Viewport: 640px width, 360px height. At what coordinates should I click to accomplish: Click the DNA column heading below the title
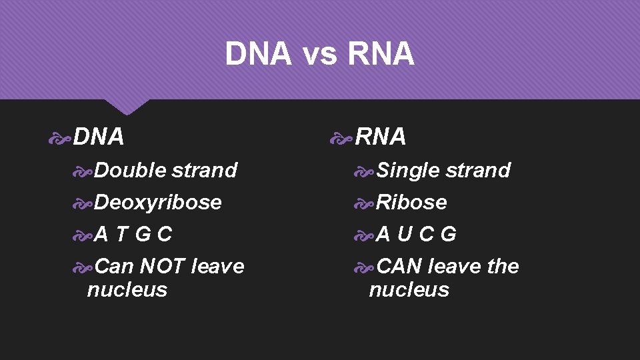(x=99, y=137)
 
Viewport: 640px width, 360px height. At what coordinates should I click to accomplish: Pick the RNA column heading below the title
(x=381, y=137)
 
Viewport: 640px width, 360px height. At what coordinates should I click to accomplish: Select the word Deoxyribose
(x=158, y=202)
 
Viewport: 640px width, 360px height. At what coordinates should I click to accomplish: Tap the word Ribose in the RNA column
(x=411, y=202)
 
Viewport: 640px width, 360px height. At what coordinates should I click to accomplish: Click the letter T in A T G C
(x=122, y=234)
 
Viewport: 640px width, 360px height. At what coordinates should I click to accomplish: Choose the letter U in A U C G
(x=405, y=234)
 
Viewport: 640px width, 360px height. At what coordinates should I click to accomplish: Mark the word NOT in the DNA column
(x=162, y=266)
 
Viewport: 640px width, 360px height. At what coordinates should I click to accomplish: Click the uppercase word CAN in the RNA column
(x=399, y=266)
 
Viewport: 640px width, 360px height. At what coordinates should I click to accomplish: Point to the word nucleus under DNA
(x=127, y=290)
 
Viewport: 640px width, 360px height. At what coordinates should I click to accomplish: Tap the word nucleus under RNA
(x=409, y=290)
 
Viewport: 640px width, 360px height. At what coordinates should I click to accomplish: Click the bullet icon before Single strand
(x=365, y=171)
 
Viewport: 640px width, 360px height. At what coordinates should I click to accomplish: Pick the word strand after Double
(x=204, y=171)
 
